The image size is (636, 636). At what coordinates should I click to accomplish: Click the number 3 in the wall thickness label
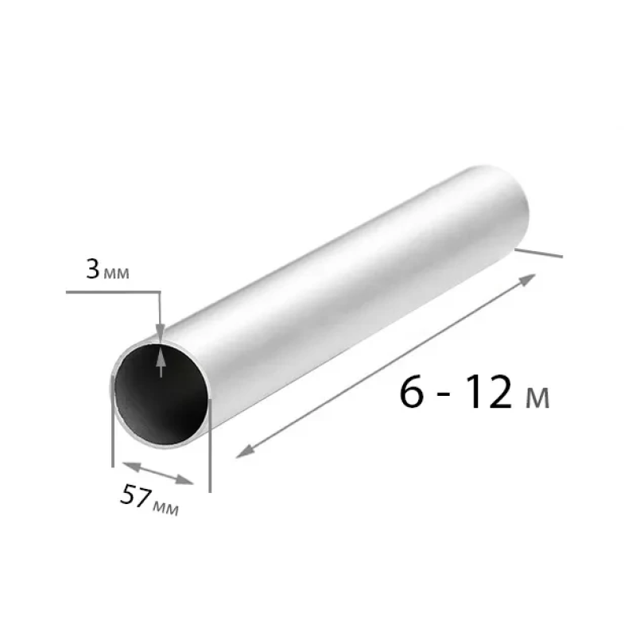[92, 270]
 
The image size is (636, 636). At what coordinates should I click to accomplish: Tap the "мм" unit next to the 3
[117, 273]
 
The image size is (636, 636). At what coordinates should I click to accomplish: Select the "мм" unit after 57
[165, 508]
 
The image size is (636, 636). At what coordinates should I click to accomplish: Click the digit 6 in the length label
[412, 391]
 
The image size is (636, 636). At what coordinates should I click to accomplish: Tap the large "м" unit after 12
[537, 397]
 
